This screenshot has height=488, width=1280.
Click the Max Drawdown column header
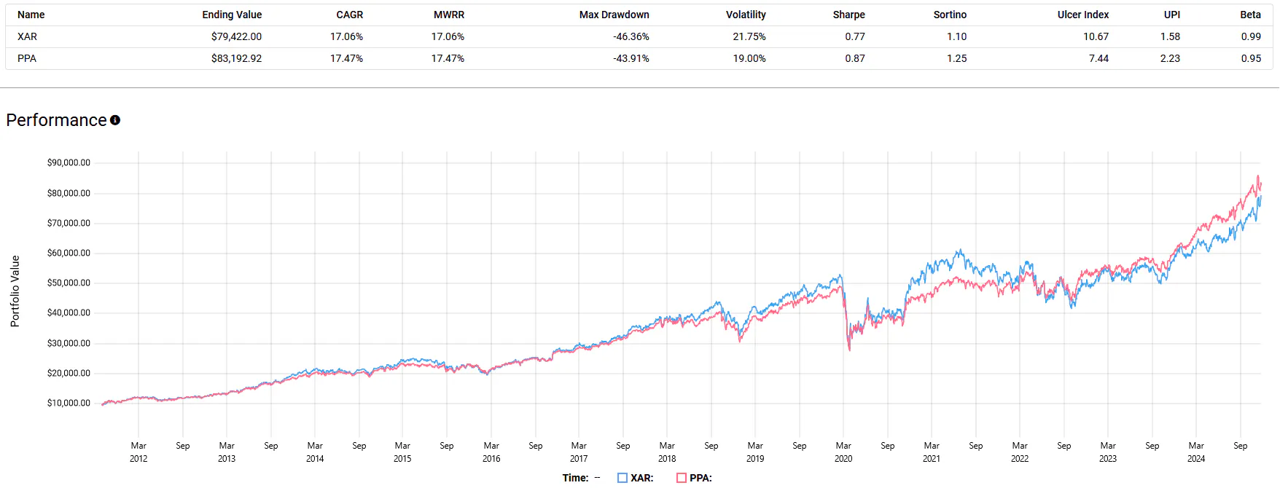click(614, 15)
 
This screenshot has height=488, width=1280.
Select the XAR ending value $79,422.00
click(236, 36)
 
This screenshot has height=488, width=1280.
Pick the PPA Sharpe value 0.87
click(855, 58)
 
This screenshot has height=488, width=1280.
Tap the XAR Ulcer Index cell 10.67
click(1096, 36)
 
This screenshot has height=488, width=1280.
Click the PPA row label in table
click(27, 58)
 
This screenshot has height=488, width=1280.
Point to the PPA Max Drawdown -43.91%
click(631, 58)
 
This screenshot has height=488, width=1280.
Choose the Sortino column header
click(950, 15)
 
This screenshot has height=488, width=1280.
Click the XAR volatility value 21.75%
click(749, 36)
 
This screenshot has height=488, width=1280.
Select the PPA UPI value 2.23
click(1170, 58)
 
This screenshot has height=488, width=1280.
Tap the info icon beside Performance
click(115, 120)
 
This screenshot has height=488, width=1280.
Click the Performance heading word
click(56, 120)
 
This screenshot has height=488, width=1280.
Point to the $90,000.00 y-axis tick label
click(69, 162)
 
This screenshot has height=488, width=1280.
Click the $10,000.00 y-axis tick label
click(69, 403)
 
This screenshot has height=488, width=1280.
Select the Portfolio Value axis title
click(15, 291)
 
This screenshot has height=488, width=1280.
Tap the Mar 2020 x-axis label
click(843, 452)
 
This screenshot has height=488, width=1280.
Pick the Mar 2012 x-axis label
click(138, 452)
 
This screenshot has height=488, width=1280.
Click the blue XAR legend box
click(623, 478)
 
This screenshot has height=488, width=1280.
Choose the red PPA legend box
click(682, 478)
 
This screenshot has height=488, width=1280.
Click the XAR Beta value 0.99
click(1251, 36)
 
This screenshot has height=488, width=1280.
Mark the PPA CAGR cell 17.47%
click(346, 58)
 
